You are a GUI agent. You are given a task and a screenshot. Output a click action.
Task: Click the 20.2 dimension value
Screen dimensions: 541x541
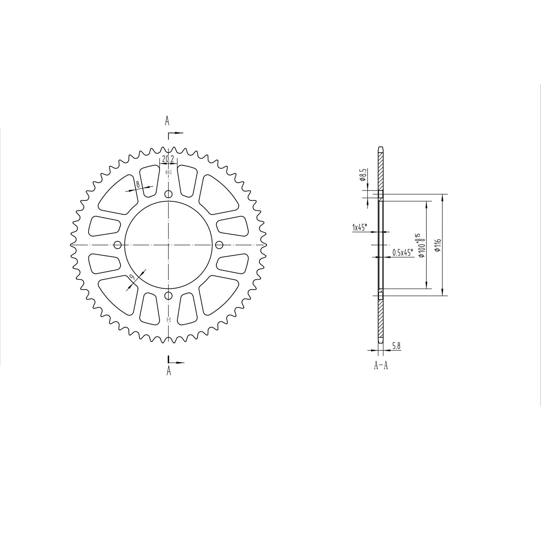pyautogui.click(x=168, y=159)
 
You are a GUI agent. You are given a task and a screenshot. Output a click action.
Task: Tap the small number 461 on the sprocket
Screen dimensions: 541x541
pyautogui.click(x=168, y=172)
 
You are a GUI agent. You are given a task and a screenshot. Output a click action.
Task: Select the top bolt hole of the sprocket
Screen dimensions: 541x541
pyautogui.click(x=168, y=194)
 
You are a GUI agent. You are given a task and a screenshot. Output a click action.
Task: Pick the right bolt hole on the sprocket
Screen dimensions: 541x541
pyautogui.click(x=219, y=244)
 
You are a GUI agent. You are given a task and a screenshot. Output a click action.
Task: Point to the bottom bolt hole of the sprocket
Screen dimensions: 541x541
pyautogui.click(x=168, y=296)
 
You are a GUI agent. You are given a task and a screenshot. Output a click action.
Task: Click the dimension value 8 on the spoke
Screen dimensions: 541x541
pyautogui.click(x=138, y=184)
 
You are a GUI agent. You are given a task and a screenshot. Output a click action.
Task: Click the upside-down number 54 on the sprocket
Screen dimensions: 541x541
pyautogui.click(x=168, y=320)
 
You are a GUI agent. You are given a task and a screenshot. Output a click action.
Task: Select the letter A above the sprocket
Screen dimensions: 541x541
pyautogui.click(x=167, y=121)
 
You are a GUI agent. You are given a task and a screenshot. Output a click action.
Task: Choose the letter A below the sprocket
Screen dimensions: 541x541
pyautogui.click(x=169, y=371)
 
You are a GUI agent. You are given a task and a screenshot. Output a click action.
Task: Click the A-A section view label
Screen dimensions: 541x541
pyautogui.click(x=381, y=366)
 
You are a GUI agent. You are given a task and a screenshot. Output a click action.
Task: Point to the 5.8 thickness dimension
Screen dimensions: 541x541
pyautogui.click(x=397, y=346)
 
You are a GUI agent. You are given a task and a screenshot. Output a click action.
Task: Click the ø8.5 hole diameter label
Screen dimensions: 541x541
pyautogui.click(x=363, y=176)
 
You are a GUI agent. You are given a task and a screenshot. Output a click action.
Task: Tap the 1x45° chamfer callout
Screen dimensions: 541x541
pyautogui.click(x=359, y=228)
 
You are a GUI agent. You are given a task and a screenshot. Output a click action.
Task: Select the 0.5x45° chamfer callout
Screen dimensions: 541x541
pyautogui.click(x=402, y=252)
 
